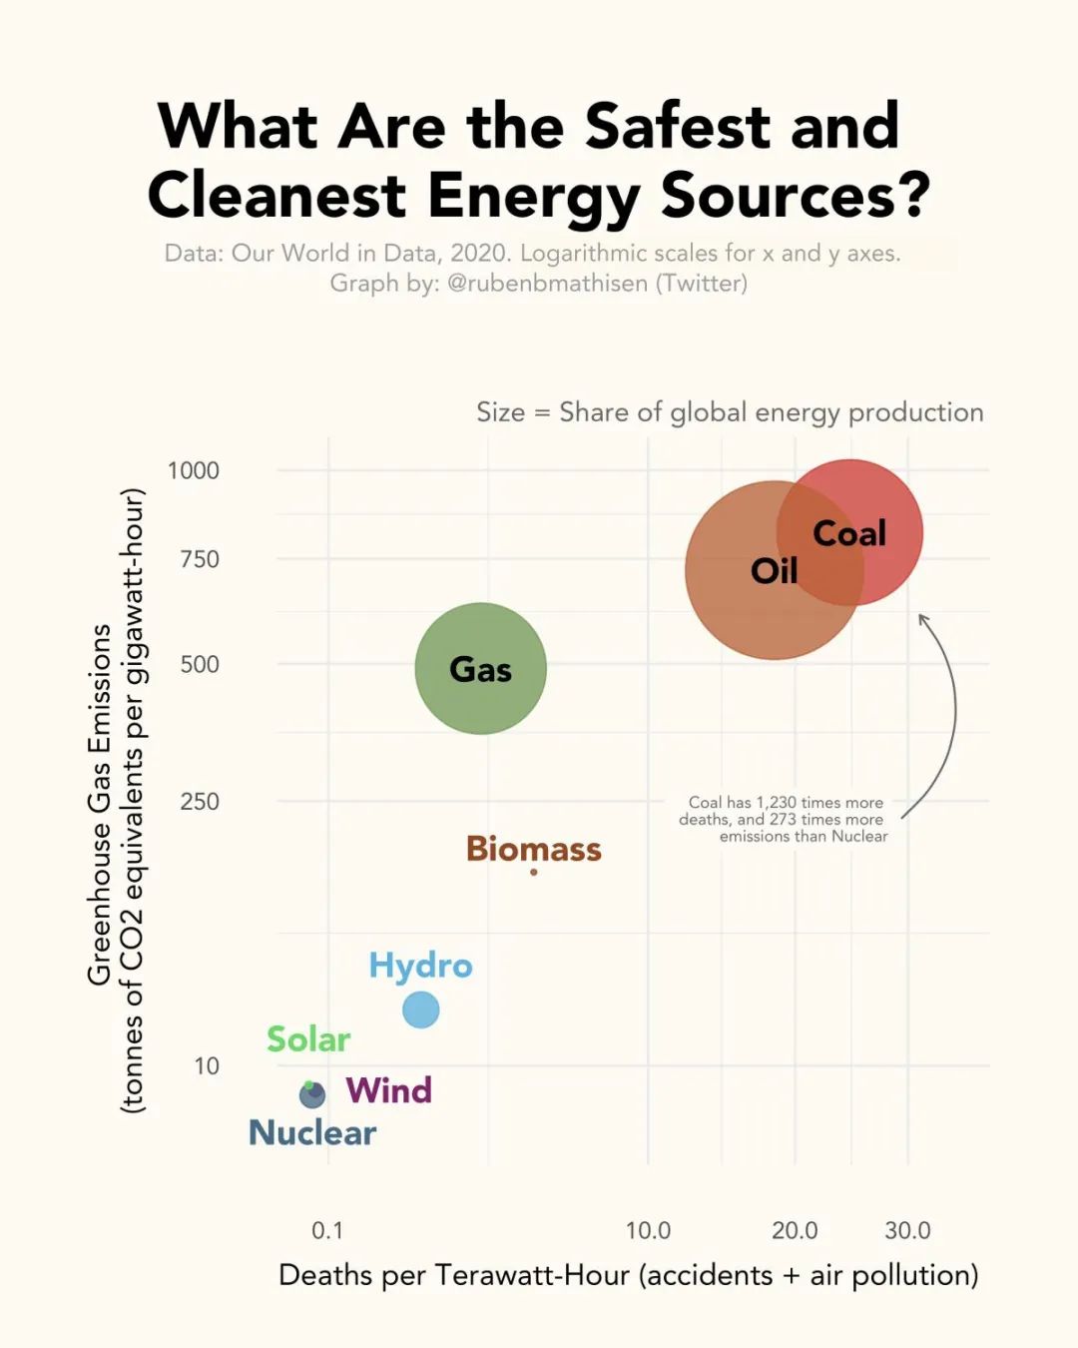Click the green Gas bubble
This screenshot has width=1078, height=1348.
[x=480, y=668]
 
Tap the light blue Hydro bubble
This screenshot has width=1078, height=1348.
[x=420, y=1010]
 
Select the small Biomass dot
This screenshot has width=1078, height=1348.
[x=534, y=872]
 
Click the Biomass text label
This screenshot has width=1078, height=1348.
[x=534, y=849]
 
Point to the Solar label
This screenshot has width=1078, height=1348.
[x=308, y=1039]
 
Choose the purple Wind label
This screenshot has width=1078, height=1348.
[x=388, y=1090]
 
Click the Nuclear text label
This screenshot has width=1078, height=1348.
[x=312, y=1133]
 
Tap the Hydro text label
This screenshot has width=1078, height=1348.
[x=420, y=966]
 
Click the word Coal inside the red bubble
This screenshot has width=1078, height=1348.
[x=849, y=533]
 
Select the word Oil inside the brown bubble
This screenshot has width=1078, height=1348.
[x=774, y=571]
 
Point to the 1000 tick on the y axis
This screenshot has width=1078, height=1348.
[x=194, y=470]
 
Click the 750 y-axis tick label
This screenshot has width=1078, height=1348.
[x=200, y=559]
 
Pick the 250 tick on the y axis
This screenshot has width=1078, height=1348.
[x=200, y=802]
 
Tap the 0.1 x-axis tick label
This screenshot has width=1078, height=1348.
[x=327, y=1230]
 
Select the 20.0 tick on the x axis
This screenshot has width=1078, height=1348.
[x=795, y=1230]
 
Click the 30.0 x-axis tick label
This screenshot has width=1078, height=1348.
[x=907, y=1230]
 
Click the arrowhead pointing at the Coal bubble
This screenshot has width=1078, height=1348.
[x=923, y=619]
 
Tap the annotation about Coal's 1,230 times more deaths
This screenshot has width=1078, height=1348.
[x=785, y=819]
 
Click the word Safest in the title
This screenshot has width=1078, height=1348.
[x=677, y=127]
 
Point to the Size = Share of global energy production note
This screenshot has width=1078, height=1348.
[x=730, y=412]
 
